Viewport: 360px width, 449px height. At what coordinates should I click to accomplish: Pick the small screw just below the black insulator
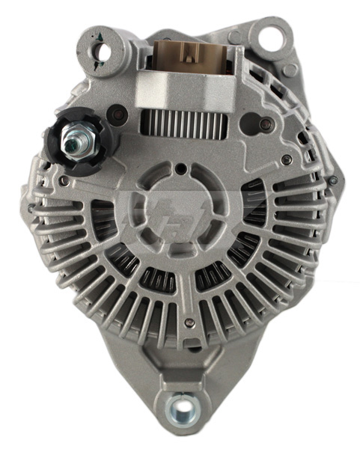[66, 180]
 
